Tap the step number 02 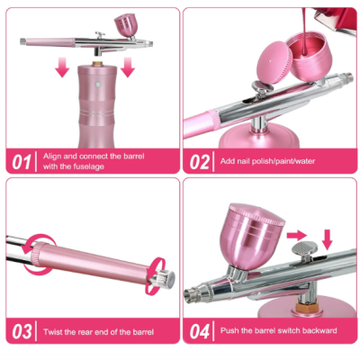200,162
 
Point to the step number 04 200,331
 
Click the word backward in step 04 321,331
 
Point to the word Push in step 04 230,331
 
